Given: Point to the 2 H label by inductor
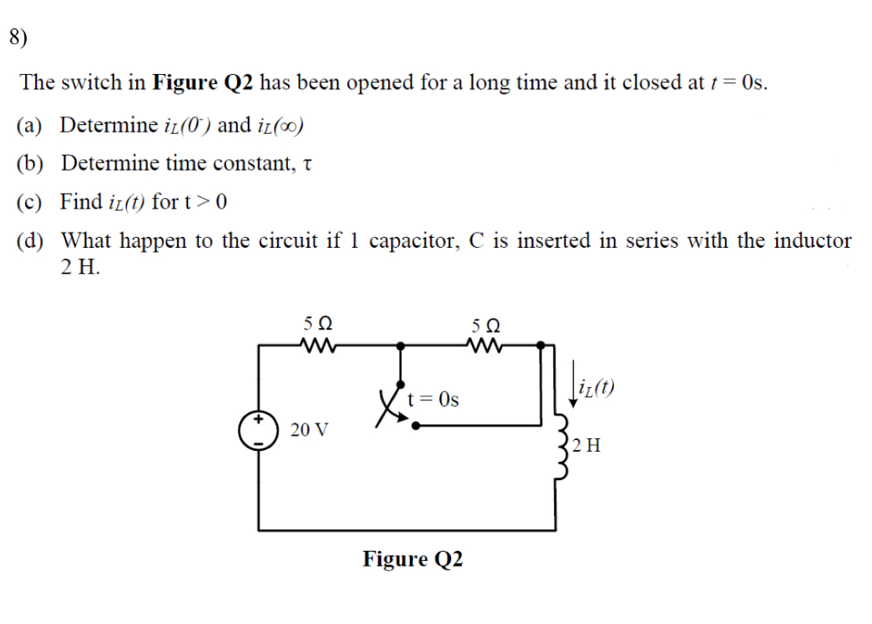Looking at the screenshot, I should click(x=588, y=446).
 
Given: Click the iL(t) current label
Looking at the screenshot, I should click(x=597, y=386).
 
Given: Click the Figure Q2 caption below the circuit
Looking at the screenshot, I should click(x=412, y=559).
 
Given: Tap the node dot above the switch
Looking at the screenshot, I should click(x=401, y=344).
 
